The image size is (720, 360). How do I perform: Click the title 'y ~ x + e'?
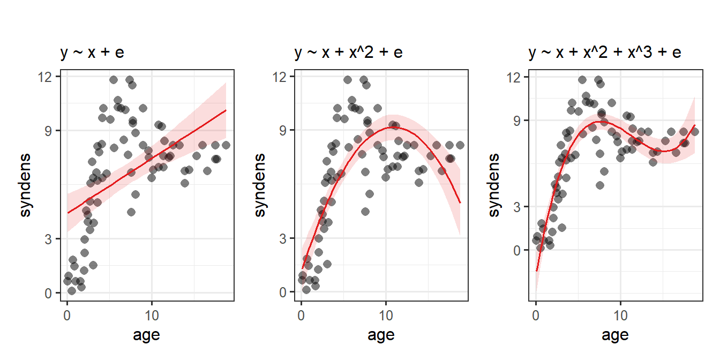pyautogui.click(x=93, y=53)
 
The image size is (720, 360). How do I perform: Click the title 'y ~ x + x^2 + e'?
pyautogui.click(x=348, y=53)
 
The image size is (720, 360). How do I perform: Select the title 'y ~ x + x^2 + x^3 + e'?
pyautogui.click(x=605, y=53)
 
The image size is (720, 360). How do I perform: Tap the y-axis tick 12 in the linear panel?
pyautogui.click(x=49, y=77)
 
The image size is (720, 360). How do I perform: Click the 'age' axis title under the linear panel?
pyautogui.click(x=146, y=335)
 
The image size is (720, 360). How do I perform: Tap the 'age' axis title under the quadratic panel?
pyautogui.click(x=381, y=335)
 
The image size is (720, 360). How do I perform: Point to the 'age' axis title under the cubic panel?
pyautogui.click(x=616, y=335)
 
